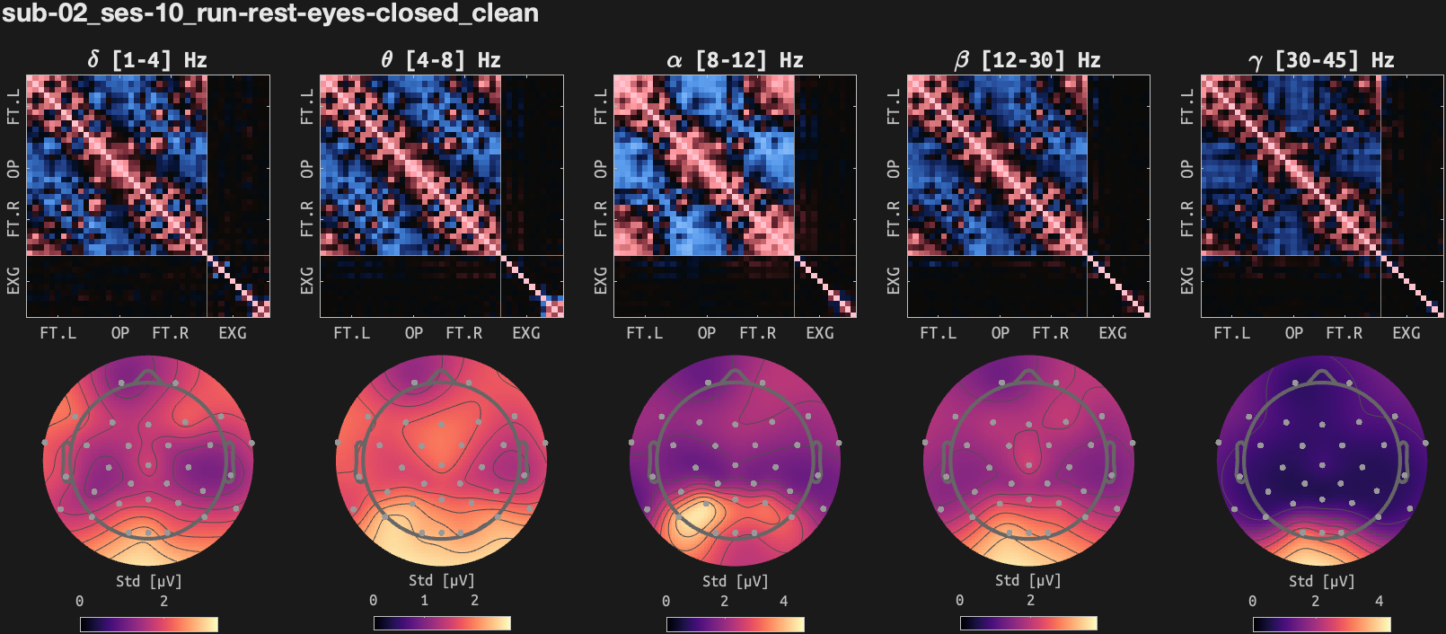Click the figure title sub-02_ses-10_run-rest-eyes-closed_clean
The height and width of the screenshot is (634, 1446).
[269, 13]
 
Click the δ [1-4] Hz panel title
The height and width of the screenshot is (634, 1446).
[147, 60]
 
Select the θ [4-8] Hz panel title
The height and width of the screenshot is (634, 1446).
[440, 60]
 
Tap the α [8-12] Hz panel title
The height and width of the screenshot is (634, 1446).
[734, 60]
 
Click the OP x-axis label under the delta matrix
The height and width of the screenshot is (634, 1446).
[119, 333]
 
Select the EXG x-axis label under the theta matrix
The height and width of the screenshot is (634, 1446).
[526, 333]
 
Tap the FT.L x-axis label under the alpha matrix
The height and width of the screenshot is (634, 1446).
[644, 333]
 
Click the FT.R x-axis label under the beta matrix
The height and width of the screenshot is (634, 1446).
[1050, 333]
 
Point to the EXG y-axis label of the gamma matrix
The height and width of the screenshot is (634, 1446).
[1186, 280]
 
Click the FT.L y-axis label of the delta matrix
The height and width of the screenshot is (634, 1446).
[13, 106]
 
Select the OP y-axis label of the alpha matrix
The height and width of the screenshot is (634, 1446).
[600, 169]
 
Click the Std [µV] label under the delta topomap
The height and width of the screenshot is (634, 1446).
[148, 581]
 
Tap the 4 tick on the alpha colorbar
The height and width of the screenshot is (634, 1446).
[783, 601]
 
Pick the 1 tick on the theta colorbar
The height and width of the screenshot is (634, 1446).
[424, 601]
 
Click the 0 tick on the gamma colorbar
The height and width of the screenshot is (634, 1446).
[1252, 601]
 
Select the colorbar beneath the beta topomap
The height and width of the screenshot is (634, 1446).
[1027, 623]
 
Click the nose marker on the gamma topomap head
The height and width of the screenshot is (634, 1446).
[1321, 375]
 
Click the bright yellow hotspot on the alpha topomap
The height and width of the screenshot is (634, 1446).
[693, 519]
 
